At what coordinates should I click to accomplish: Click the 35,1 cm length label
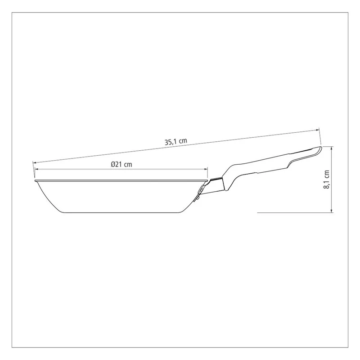176,141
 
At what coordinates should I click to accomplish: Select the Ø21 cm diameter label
121,164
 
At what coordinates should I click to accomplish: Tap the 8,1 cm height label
326,180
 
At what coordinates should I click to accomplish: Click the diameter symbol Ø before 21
113,164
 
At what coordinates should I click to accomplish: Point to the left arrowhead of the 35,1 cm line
35,162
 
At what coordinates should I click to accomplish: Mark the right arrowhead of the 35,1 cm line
318,130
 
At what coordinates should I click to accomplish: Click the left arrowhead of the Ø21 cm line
36,169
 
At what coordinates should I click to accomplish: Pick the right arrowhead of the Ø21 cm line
206,169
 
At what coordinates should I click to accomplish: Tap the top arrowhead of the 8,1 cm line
331,148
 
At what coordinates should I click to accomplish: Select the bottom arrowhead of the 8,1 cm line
331,211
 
